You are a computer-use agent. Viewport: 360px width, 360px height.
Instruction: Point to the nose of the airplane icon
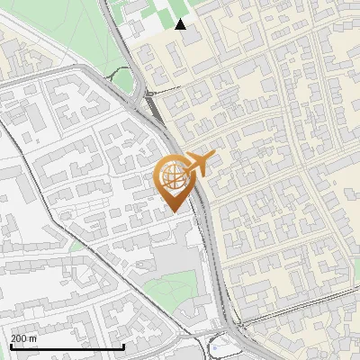click(x=209, y=157)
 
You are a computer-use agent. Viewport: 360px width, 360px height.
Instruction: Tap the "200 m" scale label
click(x=24, y=338)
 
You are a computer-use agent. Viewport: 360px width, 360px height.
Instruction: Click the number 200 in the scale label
click(x=19, y=338)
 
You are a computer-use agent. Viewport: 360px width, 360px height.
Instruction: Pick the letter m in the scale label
click(x=33, y=338)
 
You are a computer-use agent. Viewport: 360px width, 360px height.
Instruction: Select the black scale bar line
click(x=67, y=346)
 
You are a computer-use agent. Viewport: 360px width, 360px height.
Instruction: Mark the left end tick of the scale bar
click(x=12, y=345)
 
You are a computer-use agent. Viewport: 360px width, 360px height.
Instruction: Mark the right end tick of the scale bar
click(x=124, y=345)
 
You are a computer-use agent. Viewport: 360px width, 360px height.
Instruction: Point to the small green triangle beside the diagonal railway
click(x=76, y=244)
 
